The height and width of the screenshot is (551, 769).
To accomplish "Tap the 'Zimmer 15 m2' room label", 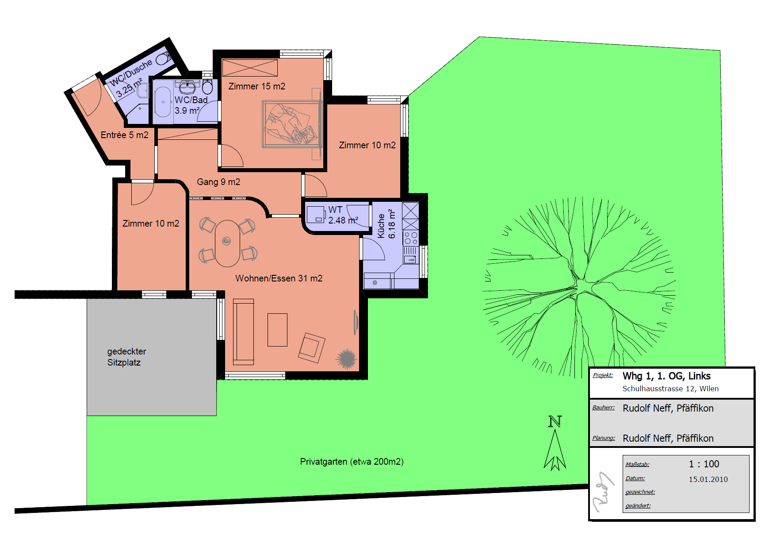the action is point(257,86).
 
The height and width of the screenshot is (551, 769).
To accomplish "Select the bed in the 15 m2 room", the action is point(291,124).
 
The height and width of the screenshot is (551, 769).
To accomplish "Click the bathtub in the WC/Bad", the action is point(163,102).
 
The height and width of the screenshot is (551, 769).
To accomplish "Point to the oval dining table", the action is point(227,243).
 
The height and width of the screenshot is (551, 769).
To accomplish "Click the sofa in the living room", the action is point(243,332).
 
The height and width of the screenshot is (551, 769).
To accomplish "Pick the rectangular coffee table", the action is point(277,330).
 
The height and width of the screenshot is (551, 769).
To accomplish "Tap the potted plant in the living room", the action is point(346,358).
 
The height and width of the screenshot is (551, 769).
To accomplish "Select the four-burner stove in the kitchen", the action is point(411,238).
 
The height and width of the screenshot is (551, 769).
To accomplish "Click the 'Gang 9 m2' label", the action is point(218,182).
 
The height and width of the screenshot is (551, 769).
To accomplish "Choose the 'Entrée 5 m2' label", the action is point(125,135).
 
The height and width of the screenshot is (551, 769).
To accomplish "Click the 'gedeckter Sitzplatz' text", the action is point(126,357).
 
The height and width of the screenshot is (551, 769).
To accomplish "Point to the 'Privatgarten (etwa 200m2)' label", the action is point(352,462).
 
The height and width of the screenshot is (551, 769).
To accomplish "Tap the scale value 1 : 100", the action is point(704,464).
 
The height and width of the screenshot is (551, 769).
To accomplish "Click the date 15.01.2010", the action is point(708,479).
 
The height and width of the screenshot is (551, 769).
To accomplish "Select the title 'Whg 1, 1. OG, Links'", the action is point(666,376).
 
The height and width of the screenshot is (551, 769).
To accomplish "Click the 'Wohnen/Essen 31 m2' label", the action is point(279,278).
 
